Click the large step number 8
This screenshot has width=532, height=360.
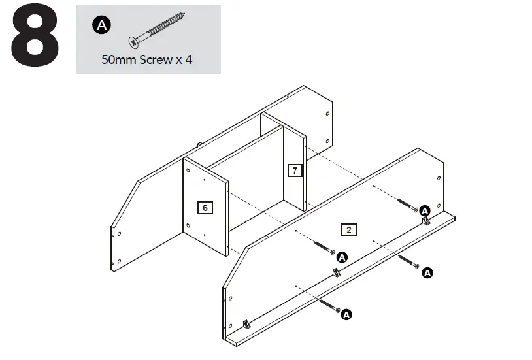[35, 38]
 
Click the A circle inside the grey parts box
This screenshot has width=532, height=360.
[102, 25]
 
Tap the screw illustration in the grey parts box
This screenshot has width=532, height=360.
[157, 30]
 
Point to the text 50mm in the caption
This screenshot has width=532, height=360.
[118, 59]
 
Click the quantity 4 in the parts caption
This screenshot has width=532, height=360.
[189, 59]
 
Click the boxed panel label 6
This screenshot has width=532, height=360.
[205, 208]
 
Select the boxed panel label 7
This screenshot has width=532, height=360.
[295, 171]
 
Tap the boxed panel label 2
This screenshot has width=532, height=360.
[349, 229]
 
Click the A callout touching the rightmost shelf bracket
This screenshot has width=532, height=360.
[424, 210]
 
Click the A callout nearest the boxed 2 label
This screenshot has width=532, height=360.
[341, 257]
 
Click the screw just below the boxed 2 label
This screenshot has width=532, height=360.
[325, 248]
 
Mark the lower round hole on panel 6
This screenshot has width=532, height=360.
[189, 226]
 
